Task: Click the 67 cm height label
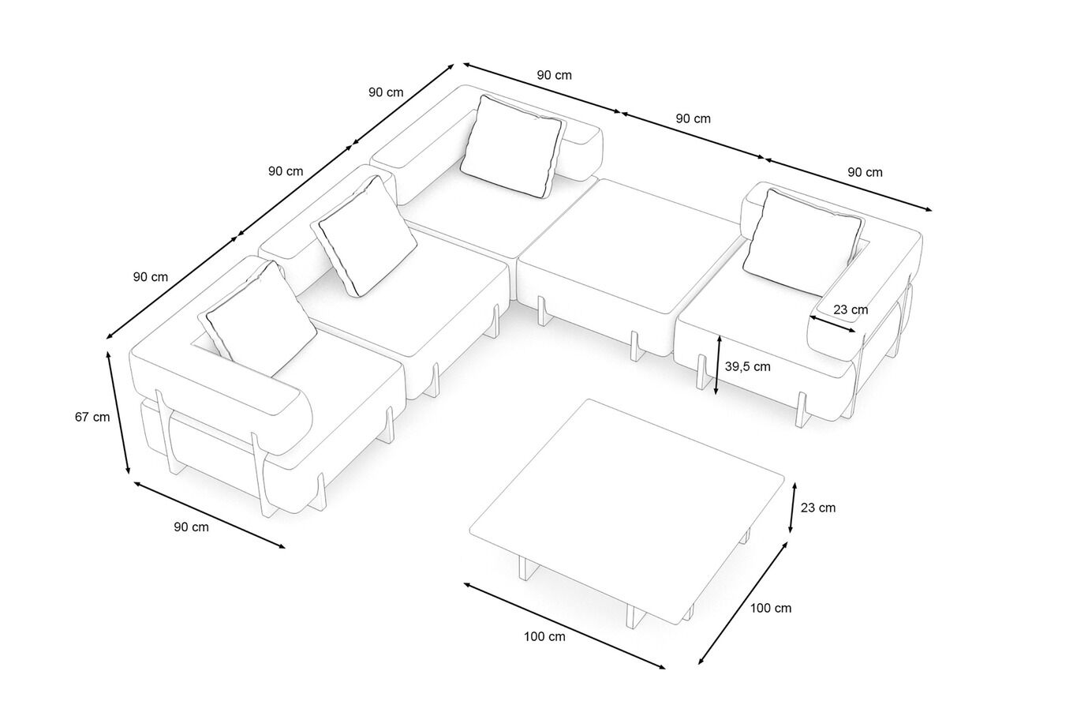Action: pyautogui.click(x=92, y=417)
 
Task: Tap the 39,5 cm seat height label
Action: pyautogui.click(x=747, y=366)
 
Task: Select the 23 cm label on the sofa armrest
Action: pyautogui.click(x=851, y=309)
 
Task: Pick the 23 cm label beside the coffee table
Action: pyautogui.click(x=818, y=508)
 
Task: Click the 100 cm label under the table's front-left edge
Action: pyautogui.click(x=544, y=636)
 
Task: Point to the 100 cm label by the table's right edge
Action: pyautogui.click(x=771, y=608)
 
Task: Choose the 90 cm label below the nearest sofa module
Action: pyautogui.click(x=191, y=527)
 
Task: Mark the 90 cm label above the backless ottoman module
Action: pyautogui.click(x=693, y=118)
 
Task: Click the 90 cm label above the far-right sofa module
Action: pyautogui.click(x=865, y=172)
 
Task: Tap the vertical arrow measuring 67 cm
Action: pyautogui.click(x=118, y=411)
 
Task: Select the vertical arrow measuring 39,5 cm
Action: pyautogui.click(x=717, y=364)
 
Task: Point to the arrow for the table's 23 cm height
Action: pyautogui.click(x=791, y=505)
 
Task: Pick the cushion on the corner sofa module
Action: pyautogui.click(x=513, y=147)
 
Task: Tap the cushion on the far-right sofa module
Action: pyautogui.click(x=801, y=237)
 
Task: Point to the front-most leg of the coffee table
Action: pyautogui.click(x=631, y=617)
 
